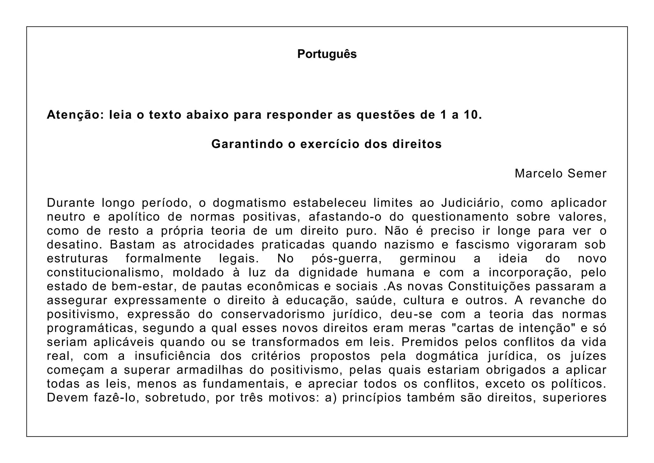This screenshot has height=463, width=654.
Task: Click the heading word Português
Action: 327,54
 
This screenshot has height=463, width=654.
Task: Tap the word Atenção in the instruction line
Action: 73,115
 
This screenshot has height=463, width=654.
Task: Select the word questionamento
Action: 460,217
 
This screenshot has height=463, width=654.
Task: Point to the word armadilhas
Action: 209,370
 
